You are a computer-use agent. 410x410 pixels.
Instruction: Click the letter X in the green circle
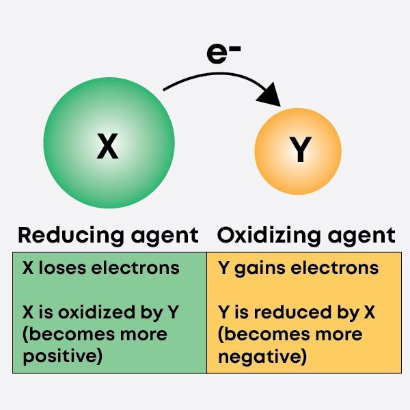pyautogui.click(x=107, y=146)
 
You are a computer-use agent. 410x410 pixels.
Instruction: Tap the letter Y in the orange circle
pyautogui.click(x=299, y=151)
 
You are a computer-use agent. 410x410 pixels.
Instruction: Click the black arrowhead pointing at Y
pyautogui.click(x=274, y=94)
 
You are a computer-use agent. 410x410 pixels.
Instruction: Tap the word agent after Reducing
pyautogui.click(x=165, y=236)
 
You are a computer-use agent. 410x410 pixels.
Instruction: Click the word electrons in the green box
pyautogui.click(x=136, y=268)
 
